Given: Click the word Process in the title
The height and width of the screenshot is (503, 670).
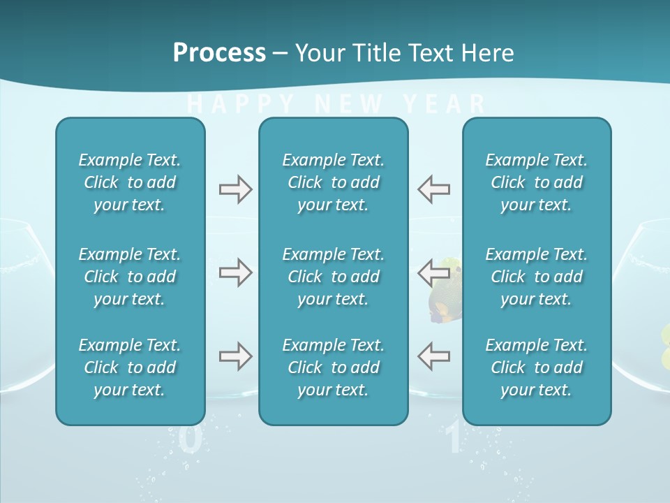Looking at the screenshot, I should (x=219, y=53).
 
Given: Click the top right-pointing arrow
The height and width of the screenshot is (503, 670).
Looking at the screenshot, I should (x=235, y=189).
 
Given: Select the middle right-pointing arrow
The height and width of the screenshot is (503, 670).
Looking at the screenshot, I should (x=235, y=272).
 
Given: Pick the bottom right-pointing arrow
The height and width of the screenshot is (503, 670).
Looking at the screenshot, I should (x=235, y=356).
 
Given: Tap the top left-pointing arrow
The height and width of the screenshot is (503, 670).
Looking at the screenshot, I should (x=434, y=189).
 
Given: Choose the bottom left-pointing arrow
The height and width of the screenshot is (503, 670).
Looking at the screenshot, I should (x=434, y=356).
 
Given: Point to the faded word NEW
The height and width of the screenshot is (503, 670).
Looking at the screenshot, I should (x=349, y=105).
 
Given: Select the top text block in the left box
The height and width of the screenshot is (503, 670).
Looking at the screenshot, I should (x=130, y=182).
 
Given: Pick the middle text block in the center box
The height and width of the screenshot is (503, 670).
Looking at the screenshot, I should (x=333, y=277).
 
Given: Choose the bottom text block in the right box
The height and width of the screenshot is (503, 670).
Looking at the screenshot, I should (x=536, y=367).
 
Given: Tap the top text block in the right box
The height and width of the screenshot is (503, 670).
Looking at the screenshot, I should (x=536, y=182).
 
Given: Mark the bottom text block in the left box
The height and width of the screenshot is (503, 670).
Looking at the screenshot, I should (x=130, y=367).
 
